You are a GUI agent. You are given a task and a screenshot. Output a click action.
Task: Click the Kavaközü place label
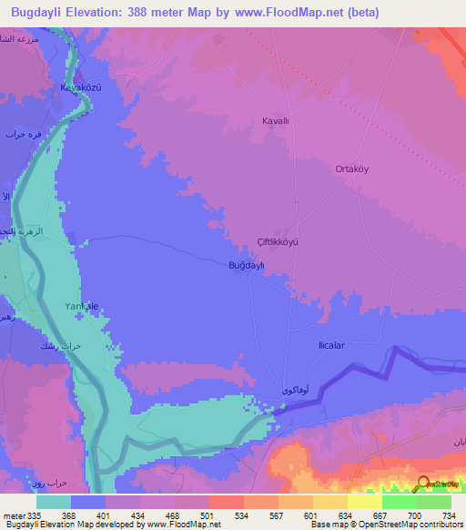79,87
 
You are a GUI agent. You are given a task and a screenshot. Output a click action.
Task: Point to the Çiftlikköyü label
278,242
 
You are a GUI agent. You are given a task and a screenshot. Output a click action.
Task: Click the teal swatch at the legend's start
54,502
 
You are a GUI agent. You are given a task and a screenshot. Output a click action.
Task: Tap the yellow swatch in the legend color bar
363,502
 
